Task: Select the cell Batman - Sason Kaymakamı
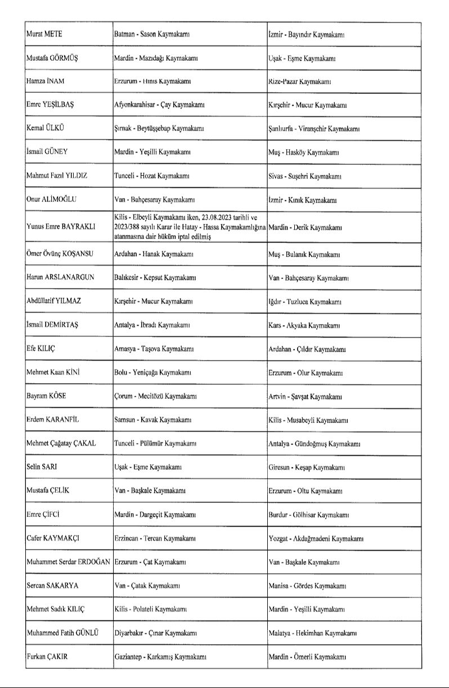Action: click(151, 34)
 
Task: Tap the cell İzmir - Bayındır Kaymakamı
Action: click(306, 34)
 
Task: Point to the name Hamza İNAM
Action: click(46, 81)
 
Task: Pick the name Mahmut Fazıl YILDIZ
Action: click(57, 176)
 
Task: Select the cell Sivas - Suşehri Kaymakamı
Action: click(305, 176)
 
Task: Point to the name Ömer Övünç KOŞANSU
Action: click(60, 254)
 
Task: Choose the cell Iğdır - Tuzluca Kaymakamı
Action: click(305, 302)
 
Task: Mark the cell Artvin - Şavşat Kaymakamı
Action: click(305, 397)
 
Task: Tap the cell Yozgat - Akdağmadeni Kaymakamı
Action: click(316, 538)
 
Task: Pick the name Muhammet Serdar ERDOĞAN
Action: click(68, 561)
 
